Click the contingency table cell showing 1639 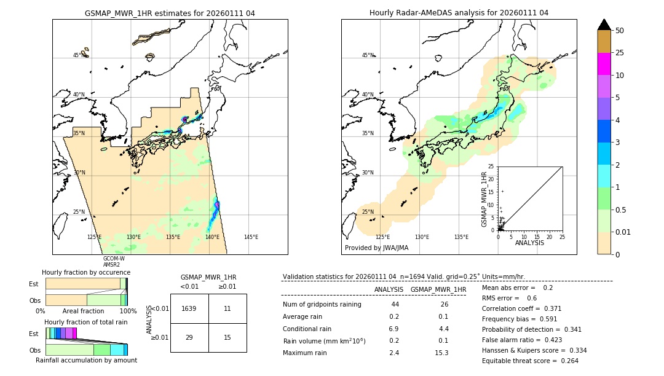click(x=189, y=308)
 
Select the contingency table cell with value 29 click(x=189, y=337)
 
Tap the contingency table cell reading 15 click(x=227, y=337)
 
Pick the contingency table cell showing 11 click(x=227, y=308)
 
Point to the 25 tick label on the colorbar click(x=620, y=53)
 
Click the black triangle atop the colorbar click(x=604, y=25)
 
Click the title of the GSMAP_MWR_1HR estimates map click(x=170, y=13)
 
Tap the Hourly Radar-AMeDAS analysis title click(x=459, y=13)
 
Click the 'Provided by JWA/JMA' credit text click(x=376, y=248)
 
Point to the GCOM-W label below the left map click(x=114, y=259)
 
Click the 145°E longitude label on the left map click(x=251, y=237)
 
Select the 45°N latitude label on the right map click(x=368, y=55)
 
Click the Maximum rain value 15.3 click(x=441, y=353)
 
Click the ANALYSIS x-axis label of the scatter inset click(x=530, y=243)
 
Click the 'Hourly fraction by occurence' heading click(x=86, y=272)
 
